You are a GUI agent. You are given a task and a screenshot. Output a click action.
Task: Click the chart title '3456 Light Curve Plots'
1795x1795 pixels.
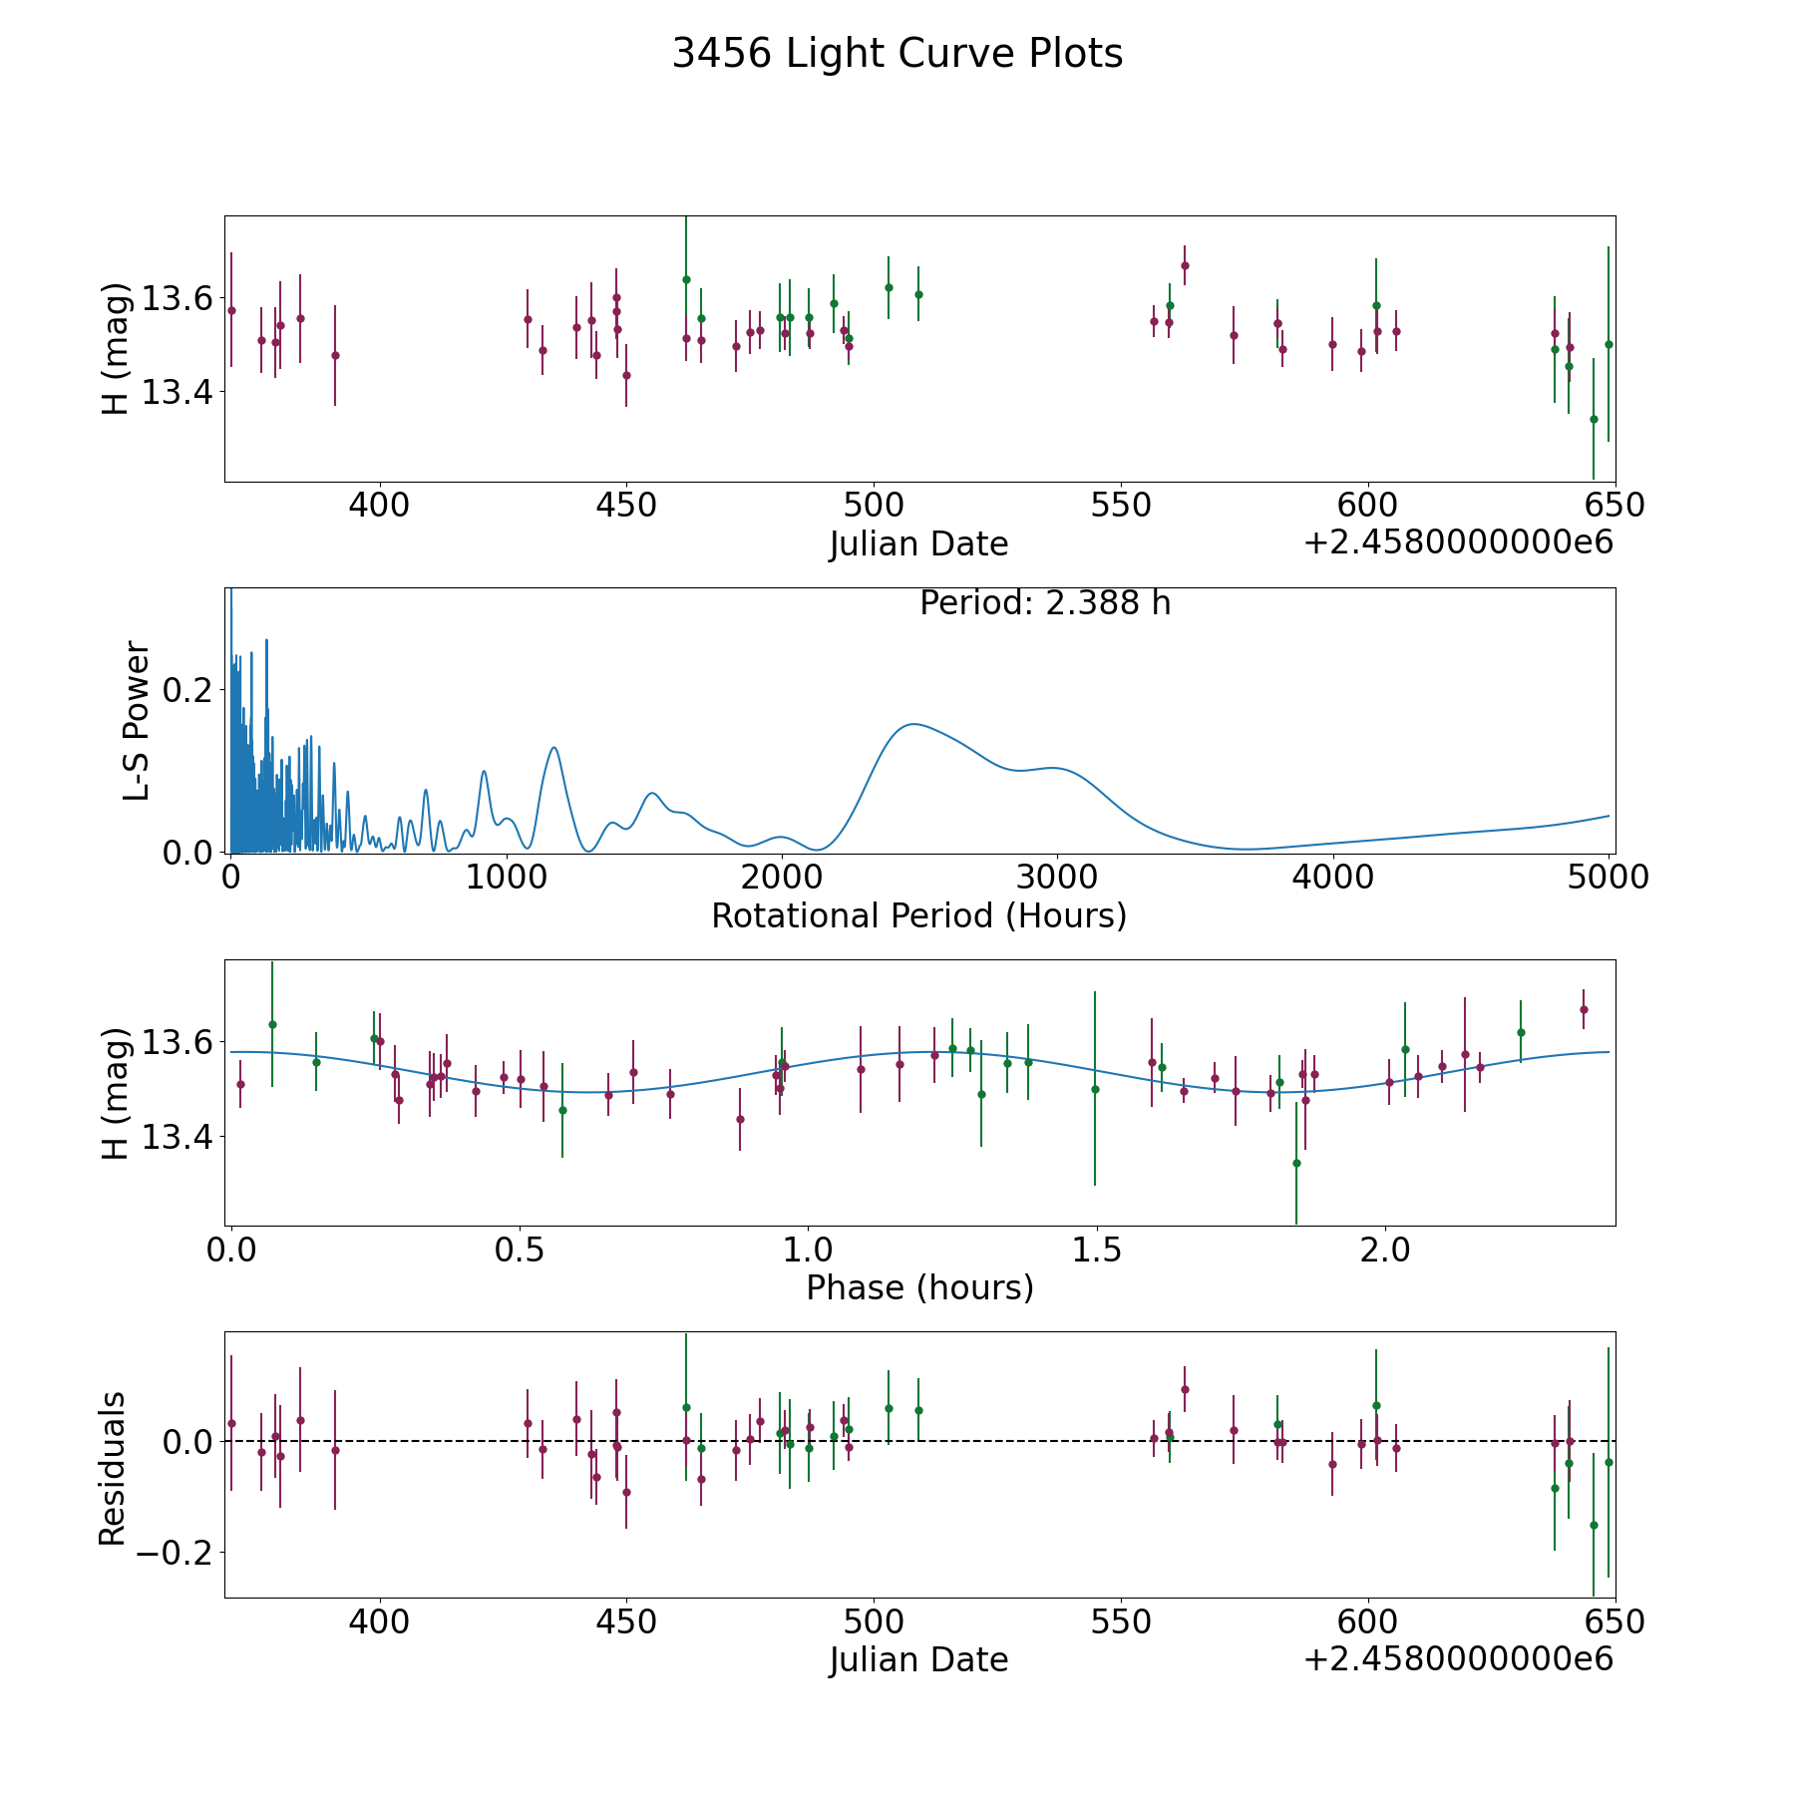click(897, 54)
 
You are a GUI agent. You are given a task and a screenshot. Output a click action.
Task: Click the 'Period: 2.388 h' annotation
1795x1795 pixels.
click(1045, 603)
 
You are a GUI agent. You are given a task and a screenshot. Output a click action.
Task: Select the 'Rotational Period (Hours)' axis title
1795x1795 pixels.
click(918, 915)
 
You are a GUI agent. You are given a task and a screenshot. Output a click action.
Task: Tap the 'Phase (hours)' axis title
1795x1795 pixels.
click(919, 1288)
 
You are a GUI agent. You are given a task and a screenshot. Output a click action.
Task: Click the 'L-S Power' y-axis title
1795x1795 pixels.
click(137, 720)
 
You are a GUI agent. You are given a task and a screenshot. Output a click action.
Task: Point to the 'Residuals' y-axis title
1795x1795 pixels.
click(113, 1469)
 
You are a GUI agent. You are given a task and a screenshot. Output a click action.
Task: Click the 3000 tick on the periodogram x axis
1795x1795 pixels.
click(1057, 877)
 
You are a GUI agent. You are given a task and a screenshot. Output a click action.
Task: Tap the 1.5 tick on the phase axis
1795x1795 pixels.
click(1097, 1250)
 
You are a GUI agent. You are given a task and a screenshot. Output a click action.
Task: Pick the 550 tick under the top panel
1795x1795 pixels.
click(1121, 505)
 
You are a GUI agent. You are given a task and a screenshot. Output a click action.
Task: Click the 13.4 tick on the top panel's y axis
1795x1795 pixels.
click(178, 393)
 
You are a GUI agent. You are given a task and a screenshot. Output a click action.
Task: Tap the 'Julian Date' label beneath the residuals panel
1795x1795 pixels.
click(918, 1660)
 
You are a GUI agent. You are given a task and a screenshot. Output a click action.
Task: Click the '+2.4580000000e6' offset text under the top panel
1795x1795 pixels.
click(1458, 542)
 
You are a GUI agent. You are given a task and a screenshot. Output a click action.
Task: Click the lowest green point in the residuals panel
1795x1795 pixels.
click(1594, 1525)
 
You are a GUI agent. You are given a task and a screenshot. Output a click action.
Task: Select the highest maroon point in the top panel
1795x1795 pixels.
click(1185, 265)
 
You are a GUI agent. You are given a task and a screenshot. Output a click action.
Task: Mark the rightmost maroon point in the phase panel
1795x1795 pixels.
click(1584, 1009)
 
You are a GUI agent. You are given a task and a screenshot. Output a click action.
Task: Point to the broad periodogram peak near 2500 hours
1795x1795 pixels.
click(913, 724)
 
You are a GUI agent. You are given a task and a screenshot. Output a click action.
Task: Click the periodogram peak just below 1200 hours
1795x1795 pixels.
click(553, 747)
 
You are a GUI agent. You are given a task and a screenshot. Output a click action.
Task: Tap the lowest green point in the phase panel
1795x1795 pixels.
click(1296, 1163)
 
